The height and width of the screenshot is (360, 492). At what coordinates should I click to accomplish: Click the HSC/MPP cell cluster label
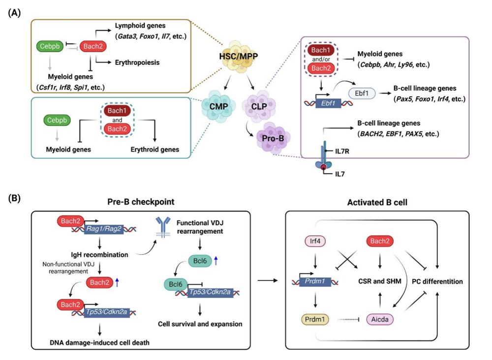[242, 58]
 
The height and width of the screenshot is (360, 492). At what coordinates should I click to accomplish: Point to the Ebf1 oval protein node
[360, 93]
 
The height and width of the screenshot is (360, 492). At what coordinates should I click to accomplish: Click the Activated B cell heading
[381, 202]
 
